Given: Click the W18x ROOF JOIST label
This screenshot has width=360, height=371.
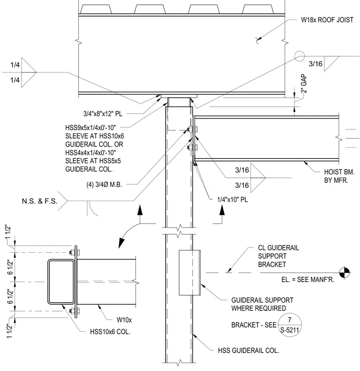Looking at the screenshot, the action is (327, 20).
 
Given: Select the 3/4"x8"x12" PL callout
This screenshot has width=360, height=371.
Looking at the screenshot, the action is (103, 114).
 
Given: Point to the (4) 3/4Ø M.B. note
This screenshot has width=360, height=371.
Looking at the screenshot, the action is (104, 185).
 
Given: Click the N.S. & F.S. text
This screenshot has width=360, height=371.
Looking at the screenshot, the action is (40, 201).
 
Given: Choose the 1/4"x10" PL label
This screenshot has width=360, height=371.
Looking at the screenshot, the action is (233, 200).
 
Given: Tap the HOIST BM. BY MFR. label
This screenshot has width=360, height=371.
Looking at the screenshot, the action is (339, 176).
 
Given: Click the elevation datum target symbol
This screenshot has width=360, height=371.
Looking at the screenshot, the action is (345, 273).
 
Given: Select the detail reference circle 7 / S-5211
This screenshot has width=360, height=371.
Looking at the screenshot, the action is (290, 325).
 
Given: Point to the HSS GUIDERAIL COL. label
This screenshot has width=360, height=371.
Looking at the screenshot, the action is (249, 350).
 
